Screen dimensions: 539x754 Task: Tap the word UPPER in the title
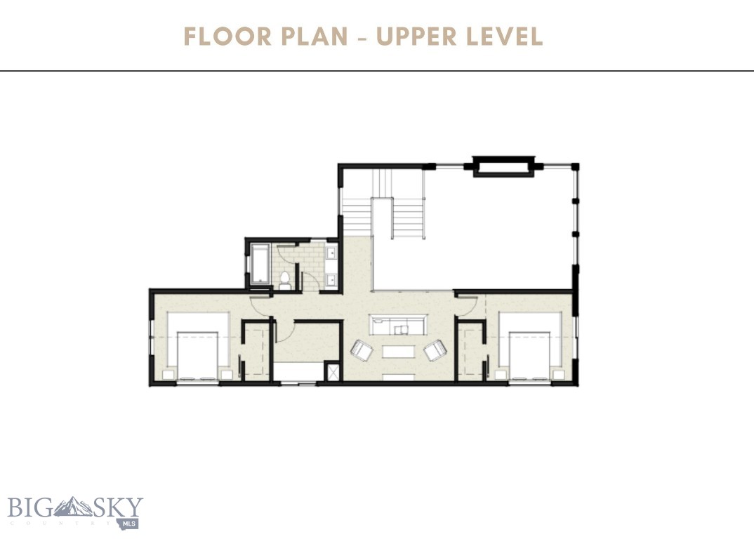[420, 36]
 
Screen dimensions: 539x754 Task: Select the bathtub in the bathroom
[260, 264]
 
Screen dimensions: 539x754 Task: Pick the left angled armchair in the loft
[362, 350]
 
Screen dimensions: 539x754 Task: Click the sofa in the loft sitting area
[399, 326]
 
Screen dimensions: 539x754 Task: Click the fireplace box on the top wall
[501, 167]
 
